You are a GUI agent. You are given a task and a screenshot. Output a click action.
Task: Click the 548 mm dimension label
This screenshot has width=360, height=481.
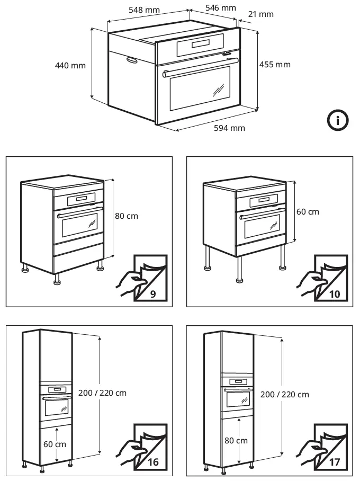tap(144, 10)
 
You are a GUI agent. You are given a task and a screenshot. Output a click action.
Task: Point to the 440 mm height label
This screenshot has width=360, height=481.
tap(70, 66)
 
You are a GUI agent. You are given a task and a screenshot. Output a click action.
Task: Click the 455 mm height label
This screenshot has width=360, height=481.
tap(275, 65)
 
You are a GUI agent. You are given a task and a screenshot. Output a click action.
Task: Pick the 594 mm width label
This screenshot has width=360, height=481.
tap(229, 128)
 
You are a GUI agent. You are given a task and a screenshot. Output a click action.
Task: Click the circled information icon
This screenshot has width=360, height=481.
tap(338, 120)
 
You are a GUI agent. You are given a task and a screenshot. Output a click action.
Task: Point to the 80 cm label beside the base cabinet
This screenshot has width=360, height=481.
tap(126, 216)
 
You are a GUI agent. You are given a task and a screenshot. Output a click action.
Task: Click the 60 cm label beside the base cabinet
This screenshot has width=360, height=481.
tap(308, 212)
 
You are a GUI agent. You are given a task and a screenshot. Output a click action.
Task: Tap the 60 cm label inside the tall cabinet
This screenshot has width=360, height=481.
tap(55, 444)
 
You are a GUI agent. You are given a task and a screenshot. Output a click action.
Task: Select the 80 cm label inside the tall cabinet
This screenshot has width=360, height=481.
tap(235, 441)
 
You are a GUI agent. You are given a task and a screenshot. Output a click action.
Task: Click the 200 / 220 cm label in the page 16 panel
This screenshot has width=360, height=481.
tap(102, 393)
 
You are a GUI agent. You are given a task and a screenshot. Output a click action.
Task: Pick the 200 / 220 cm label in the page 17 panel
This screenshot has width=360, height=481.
tap(284, 395)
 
